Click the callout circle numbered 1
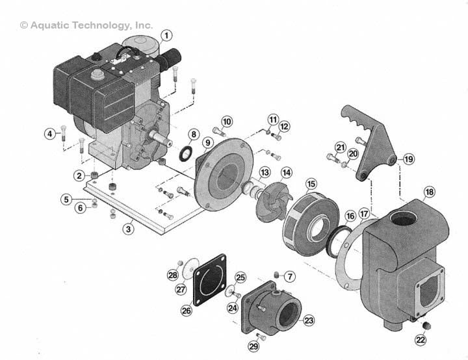[167, 34]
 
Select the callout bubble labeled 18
[429, 192]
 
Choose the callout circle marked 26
[187, 311]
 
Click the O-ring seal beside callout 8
[185, 153]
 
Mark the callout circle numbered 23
[308, 320]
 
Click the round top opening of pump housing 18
[406, 220]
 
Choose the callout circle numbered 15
[311, 185]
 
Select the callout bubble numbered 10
[226, 122]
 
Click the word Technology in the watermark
[106, 25]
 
